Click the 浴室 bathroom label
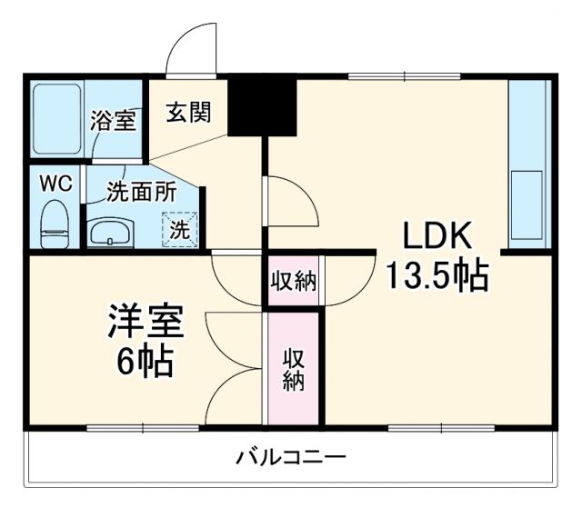114,121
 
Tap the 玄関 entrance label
189,112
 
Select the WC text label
54,181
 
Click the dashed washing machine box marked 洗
179,229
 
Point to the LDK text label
437,237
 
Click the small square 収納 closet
293,282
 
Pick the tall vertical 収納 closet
293,367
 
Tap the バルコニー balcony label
290,455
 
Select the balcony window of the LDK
427,427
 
